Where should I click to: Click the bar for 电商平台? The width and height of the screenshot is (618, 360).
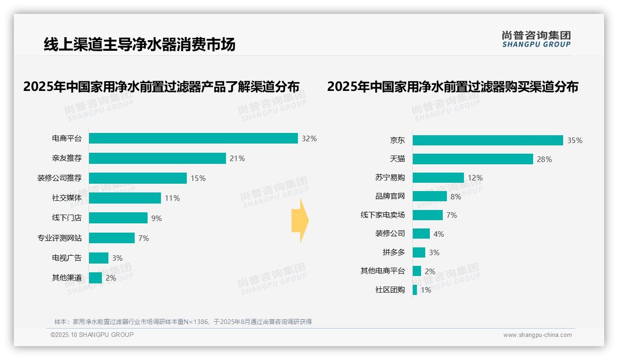(x=193, y=138)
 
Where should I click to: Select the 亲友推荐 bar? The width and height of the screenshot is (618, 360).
(x=157, y=158)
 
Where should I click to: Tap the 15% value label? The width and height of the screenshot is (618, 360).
(x=198, y=178)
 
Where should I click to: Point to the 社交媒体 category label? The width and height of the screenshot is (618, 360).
(x=67, y=198)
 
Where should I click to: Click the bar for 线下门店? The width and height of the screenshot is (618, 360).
(x=118, y=218)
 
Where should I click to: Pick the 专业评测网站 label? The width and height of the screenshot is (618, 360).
(x=59, y=238)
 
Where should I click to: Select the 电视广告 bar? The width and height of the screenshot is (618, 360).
(x=99, y=258)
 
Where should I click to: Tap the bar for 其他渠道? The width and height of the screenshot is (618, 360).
(x=95, y=278)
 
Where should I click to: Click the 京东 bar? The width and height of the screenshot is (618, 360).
(x=488, y=140)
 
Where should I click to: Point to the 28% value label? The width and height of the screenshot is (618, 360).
(x=544, y=159)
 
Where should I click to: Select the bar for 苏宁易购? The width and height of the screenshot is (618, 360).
(x=438, y=178)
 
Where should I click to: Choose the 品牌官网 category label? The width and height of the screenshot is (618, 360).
(x=390, y=197)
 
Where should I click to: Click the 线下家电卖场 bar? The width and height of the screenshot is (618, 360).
(x=428, y=215)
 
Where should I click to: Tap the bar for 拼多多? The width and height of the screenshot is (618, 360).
(x=419, y=252)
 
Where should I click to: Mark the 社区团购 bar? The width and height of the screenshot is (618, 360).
(x=415, y=290)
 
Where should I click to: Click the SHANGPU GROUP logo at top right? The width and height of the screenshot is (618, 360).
(x=536, y=39)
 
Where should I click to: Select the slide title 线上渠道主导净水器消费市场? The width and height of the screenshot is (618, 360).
(x=139, y=44)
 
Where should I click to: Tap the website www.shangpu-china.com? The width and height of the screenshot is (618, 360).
(x=537, y=335)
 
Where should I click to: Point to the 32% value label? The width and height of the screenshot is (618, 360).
(x=309, y=138)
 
